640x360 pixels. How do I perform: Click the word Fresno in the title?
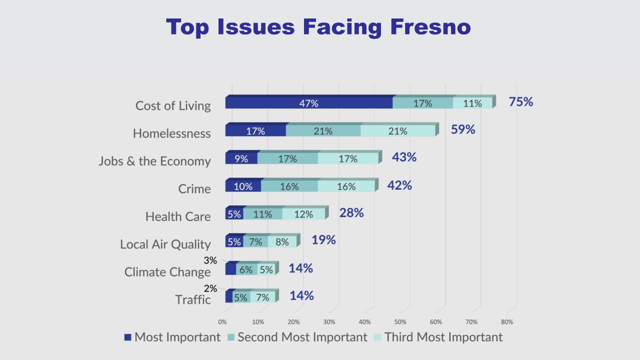point(430,27)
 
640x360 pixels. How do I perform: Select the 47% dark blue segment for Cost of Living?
point(309,103)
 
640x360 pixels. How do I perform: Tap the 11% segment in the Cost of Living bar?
point(472,103)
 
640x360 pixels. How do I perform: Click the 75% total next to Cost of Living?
point(521,101)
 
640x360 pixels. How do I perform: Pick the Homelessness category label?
point(171,133)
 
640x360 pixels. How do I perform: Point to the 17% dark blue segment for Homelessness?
point(255,130)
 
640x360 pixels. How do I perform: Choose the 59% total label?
point(463,129)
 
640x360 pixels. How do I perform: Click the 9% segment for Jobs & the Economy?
point(241,158)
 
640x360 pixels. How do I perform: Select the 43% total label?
point(404,157)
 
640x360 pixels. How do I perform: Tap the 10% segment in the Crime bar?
point(243,186)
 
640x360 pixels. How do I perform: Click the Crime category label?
point(194,189)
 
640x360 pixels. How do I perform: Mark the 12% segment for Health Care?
point(303,213)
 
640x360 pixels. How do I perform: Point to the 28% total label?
point(351,213)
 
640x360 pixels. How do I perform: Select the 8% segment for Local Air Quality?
point(282,241)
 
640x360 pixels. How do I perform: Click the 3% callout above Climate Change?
point(210,260)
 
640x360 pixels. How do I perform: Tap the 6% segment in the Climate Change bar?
point(246,269)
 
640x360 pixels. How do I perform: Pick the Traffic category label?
point(193,299)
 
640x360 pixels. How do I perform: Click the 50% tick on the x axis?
point(400,322)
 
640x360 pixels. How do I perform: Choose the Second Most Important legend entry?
point(297,337)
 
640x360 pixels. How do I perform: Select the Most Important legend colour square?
point(127,337)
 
